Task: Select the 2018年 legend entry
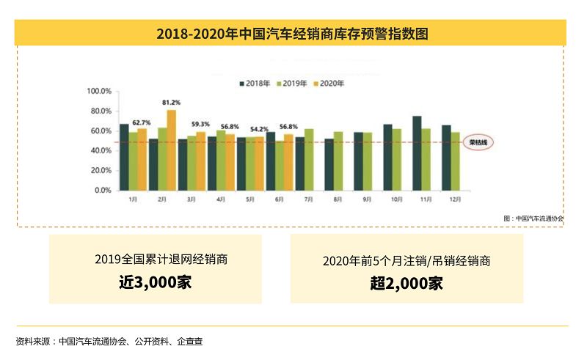[258, 84]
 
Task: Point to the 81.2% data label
[172, 102]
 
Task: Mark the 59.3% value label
[200, 124]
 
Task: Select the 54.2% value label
[258, 129]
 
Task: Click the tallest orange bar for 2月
[172, 150]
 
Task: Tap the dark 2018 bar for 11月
[417, 153]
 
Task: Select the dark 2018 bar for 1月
[124, 157]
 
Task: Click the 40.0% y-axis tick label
[99, 151]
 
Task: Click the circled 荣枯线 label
[481, 142]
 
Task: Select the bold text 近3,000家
[155, 282]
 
